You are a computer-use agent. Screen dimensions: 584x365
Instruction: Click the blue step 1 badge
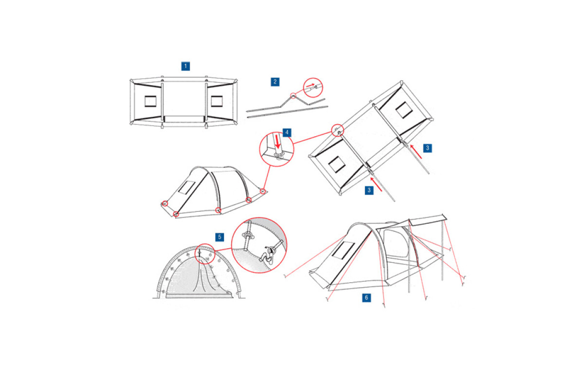coord(185,66)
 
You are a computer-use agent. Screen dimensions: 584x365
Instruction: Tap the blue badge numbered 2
coord(275,82)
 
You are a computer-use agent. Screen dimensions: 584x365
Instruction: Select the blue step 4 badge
coord(287,132)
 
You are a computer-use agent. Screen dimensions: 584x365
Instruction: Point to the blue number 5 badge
coord(219,237)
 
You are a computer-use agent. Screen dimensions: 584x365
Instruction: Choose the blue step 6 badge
coord(366,298)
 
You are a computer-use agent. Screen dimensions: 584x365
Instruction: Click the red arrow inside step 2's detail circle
coord(310,85)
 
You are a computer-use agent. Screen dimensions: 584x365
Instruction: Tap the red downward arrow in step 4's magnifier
coord(278,142)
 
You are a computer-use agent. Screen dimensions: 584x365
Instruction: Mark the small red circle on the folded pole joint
coord(293,96)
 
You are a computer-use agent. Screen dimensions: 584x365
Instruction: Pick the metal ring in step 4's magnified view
coord(279,155)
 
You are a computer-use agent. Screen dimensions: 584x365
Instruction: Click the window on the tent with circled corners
coord(187,187)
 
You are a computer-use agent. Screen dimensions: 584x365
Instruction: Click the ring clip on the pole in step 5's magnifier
coord(248,236)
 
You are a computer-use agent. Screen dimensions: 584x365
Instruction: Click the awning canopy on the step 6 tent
coord(428,220)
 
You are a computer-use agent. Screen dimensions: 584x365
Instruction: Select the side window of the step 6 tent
coord(344,250)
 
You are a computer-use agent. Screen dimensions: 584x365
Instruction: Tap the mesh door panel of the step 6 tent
coord(395,243)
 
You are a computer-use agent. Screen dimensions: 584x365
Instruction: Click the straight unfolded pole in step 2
coord(287,112)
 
